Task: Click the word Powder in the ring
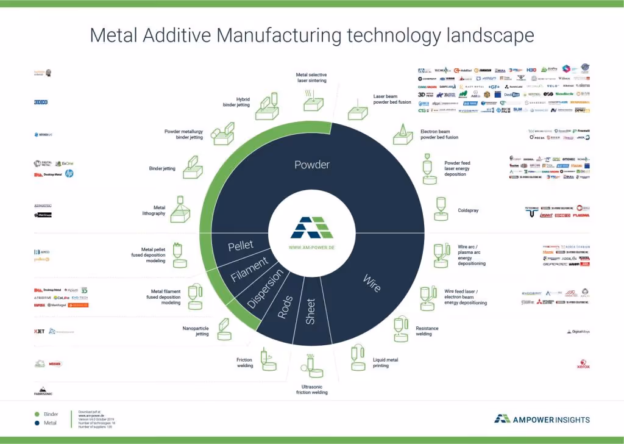click(312, 165)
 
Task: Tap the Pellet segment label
click(240, 246)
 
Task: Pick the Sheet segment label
click(310, 311)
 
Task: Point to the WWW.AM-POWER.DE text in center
click(311, 248)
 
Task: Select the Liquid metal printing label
click(385, 363)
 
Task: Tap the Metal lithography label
click(154, 210)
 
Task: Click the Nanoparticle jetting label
click(196, 331)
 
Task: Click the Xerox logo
click(583, 366)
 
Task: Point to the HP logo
click(69, 174)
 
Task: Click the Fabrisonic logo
click(43, 392)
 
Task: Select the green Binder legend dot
click(37, 414)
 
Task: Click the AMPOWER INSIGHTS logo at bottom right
click(542, 419)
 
